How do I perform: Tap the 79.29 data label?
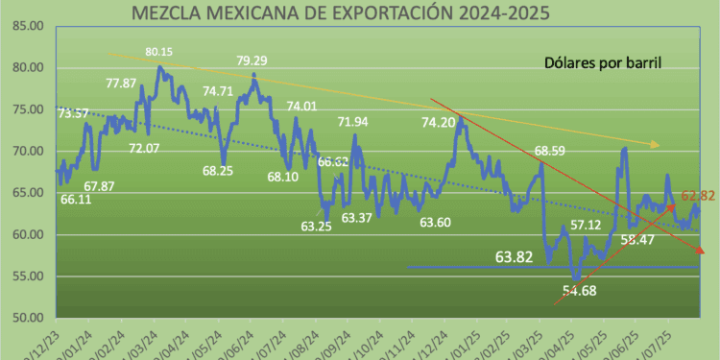point(252,61)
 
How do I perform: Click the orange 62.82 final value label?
point(699,197)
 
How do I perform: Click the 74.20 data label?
point(439,123)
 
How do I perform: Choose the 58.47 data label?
point(637,239)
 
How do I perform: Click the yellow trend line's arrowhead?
point(655,145)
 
